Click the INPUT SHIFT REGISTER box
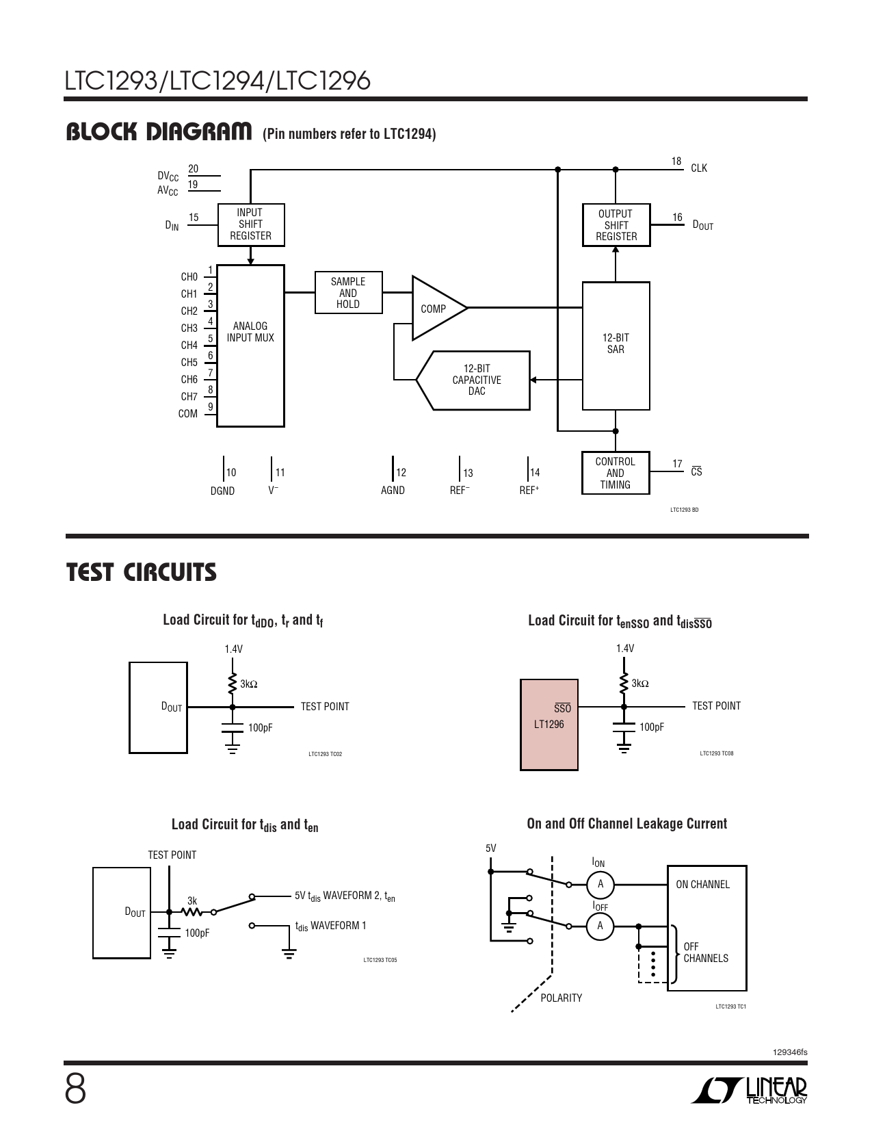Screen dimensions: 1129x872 250,224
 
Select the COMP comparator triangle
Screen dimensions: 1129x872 436,309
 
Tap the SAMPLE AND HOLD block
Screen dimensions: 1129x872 348,293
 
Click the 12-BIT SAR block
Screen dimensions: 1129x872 616,345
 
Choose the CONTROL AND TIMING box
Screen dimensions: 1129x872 615,473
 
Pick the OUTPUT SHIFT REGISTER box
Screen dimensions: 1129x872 616,225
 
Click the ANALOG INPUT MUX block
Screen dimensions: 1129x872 250,345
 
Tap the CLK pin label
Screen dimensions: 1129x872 699,168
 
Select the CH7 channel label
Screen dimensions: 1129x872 189,397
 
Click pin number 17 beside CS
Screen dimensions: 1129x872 677,464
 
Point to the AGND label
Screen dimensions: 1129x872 393,491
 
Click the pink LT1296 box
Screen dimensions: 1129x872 549,725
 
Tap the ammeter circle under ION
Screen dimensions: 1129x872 600,885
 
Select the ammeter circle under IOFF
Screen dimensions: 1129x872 600,926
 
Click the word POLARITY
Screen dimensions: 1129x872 561,998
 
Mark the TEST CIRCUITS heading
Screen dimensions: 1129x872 141,573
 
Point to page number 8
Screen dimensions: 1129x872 75,1090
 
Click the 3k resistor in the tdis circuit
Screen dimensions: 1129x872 192,911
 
